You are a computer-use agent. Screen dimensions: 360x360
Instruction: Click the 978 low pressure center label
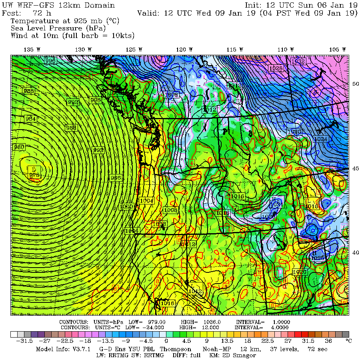(34, 175)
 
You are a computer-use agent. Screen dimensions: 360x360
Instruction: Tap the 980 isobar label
(19, 147)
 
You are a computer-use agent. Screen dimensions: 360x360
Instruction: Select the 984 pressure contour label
(30, 119)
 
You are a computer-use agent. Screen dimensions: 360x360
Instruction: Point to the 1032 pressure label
(298, 61)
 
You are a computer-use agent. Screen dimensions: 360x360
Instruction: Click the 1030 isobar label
(294, 132)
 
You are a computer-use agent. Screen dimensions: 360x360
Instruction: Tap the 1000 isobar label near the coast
(126, 206)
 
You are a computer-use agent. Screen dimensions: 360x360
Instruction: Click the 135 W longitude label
(32, 50)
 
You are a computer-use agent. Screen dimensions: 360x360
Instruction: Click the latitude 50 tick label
(355, 84)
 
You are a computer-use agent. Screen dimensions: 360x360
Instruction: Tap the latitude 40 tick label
(355, 252)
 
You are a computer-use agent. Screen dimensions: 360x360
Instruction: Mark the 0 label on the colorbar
(166, 341)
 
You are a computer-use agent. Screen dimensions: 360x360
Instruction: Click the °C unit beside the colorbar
(348, 341)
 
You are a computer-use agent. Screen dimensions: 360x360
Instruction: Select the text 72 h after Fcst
(42, 13)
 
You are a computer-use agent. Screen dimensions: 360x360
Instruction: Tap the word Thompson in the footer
(174, 349)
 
